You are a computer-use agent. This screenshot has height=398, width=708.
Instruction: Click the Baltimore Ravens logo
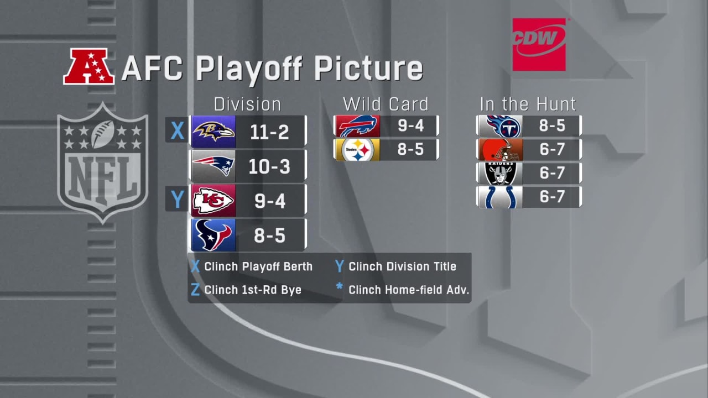pyautogui.click(x=213, y=131)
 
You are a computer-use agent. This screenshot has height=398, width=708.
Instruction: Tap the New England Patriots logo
pyautogui.click(x=213, y=166)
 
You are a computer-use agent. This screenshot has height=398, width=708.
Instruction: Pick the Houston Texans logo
pyautogui.click(x=213, y=235)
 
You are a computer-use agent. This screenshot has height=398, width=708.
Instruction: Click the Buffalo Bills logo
pyautogui.click(x=357, y=126)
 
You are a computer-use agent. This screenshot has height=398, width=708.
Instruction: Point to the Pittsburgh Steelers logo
pyautogui.click(x=357, y=150)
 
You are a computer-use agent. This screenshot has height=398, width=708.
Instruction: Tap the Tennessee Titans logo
pyautogui.click(x=500, y=126)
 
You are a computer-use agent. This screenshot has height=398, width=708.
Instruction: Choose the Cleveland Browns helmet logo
pyautogui.click(x=500, y=150)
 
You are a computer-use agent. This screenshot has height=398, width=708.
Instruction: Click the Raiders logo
pyautogui.click(x=500, y=173)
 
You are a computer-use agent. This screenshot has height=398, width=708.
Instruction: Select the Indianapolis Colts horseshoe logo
pyautogui.click(x=500, y=197)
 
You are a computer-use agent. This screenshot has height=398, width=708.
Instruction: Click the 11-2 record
pyautogui.click(x=269, y=132)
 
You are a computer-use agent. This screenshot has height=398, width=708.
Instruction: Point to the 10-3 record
pyautogui.click(x=269, y=166)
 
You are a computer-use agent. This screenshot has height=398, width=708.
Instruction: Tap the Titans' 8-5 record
pyautogui.click(x=551, y=126)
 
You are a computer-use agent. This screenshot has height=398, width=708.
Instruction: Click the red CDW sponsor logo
pyautogui.click(x=539, y=44)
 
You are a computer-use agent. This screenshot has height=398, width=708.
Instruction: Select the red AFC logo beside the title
pyautogui.click(x=88, y=67)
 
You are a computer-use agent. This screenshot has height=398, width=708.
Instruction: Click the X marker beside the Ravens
pyautogui.click(x=177, y=131)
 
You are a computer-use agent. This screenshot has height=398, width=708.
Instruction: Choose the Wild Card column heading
pyautogui.click(x=386, y=104)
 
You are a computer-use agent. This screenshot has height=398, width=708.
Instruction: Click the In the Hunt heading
pyautogui.click(x=528, y=104)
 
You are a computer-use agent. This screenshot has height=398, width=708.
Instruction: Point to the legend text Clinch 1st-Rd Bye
pyautogui.click(x=253, y=290)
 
